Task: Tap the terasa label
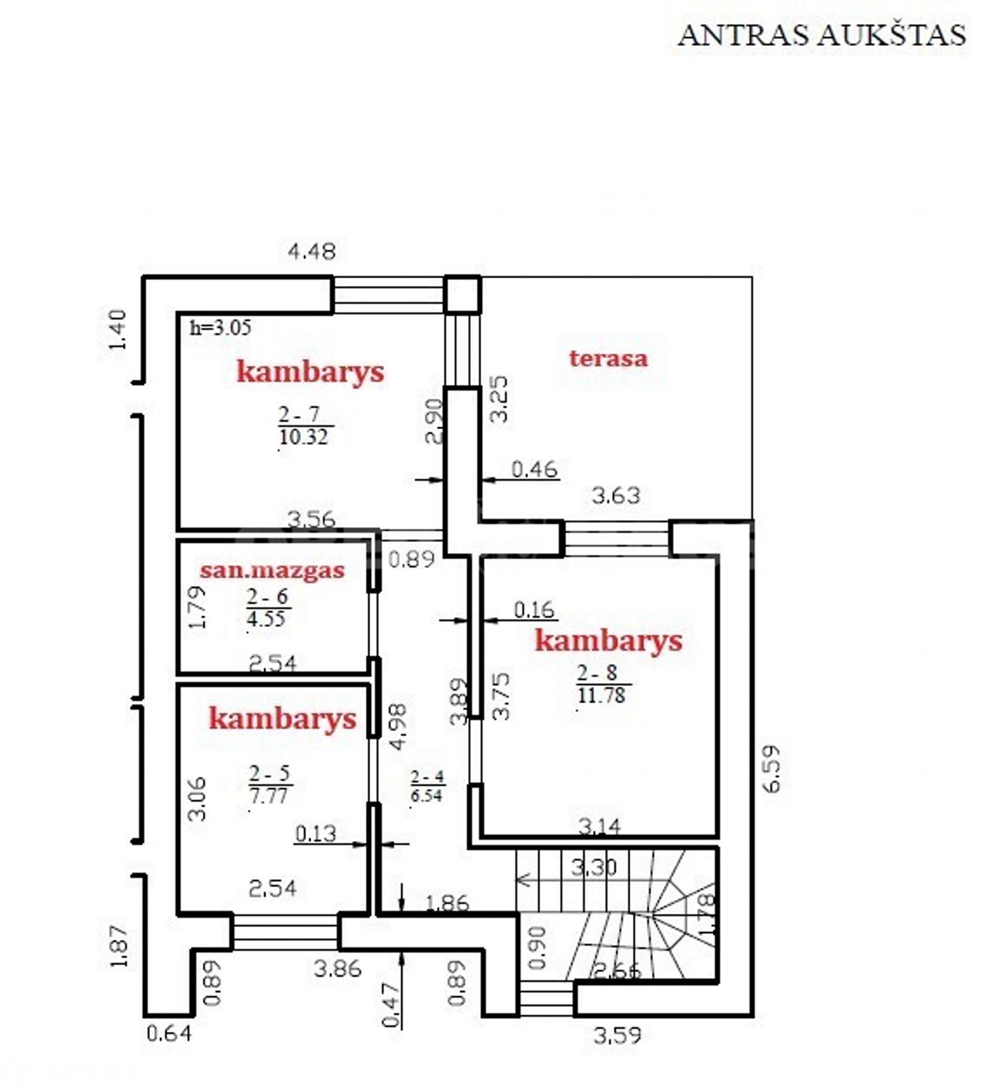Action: pyautogui.click(x=609, y=359)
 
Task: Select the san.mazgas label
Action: pyautogui.click(x=272, y=571)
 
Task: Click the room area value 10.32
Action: pyautogui.click(x=304, y=437)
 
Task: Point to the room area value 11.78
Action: pyautogui.click(x=601, y=695)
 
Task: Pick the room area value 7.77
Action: pyautogui.click(x=268, y=796)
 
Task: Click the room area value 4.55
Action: pyautogui.click(x=266, y=618)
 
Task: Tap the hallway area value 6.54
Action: pyautogui.click(x=427, y=795)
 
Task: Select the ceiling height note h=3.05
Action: pyautogui.click(x=220, y=327)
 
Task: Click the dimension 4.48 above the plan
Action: pyautogui.click(x=311, y=252)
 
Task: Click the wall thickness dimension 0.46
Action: pyautogui.click(x=534, y=469)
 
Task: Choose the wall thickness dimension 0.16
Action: pyautogui.click(x=534, y=610)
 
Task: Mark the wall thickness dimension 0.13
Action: pyautogui.click(x=315, y=833)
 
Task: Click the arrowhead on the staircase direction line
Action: pyautogui.click(x=522, y=880)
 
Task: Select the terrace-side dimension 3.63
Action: pyautogui.click(x=616, y=495)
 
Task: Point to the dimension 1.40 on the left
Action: pyautogui.click(x=117, y=330)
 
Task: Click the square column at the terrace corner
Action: pyautogui.click(x=463, y=295)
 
